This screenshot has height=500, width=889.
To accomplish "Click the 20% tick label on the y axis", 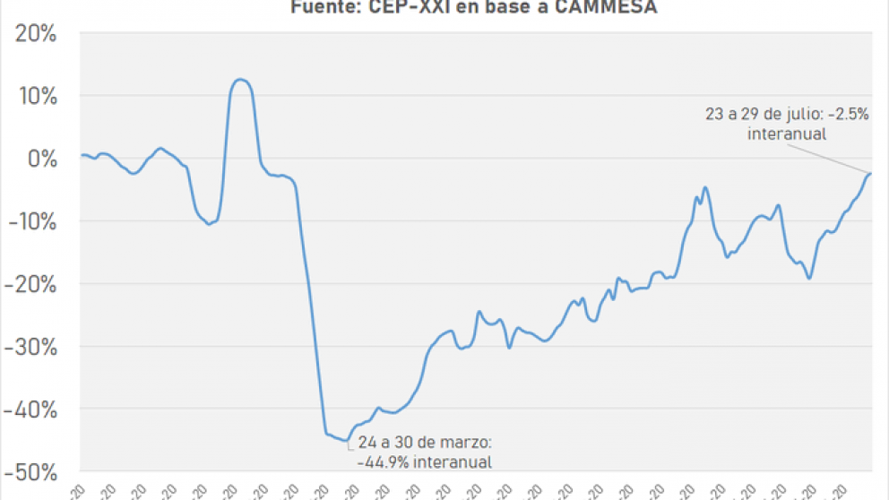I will [x=35, y=34].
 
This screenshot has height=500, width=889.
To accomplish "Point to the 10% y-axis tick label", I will [x=35, y=96].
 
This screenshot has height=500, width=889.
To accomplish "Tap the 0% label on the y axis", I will [x=41, y=159].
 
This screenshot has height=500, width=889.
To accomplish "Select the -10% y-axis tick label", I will [x=31, y=221].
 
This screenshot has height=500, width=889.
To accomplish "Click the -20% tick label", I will [x=31, y=284].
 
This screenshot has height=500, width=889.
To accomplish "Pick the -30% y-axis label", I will [x=31, y=347].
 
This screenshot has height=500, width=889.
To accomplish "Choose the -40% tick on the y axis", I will [x=31, y=409].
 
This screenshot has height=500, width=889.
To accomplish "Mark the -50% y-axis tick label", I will [x=31, y=471].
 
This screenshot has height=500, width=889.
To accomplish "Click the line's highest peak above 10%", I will [x=239, y=80].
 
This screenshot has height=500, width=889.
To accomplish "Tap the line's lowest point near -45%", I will [x=347, y=440].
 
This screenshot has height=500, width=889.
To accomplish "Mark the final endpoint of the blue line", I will [x=871, y=173].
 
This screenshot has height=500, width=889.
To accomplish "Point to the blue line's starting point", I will [x=82, y=155].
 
